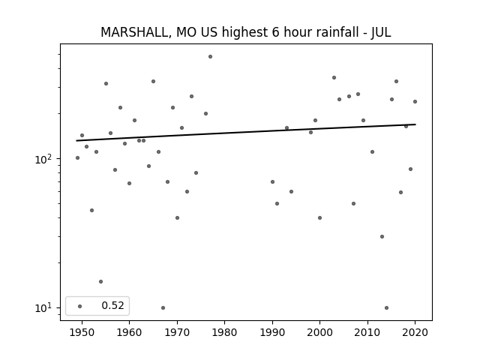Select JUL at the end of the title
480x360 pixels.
coord(381,32)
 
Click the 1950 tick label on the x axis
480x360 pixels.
coord(82,332)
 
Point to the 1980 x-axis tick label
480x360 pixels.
coord(225,332)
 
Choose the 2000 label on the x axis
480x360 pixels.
coord(320,332)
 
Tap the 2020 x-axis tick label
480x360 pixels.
coord(415,332)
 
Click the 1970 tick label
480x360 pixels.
coord(177,332)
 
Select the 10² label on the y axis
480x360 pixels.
coord(44,159)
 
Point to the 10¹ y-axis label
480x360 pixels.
coord(44,307)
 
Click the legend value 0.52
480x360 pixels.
coord(112,305)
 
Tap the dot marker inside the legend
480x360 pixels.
coord(80,306)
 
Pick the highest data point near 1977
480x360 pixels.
coord(210,57)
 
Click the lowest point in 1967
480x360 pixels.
coord(163,307)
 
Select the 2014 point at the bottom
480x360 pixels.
coord(387,307)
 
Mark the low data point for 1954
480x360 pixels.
coord(100,282)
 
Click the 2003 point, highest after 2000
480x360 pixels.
coord(334,78)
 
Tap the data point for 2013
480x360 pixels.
coord(382,237)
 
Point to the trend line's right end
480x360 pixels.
coord(415,124)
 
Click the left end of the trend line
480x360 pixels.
coord(76,141)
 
